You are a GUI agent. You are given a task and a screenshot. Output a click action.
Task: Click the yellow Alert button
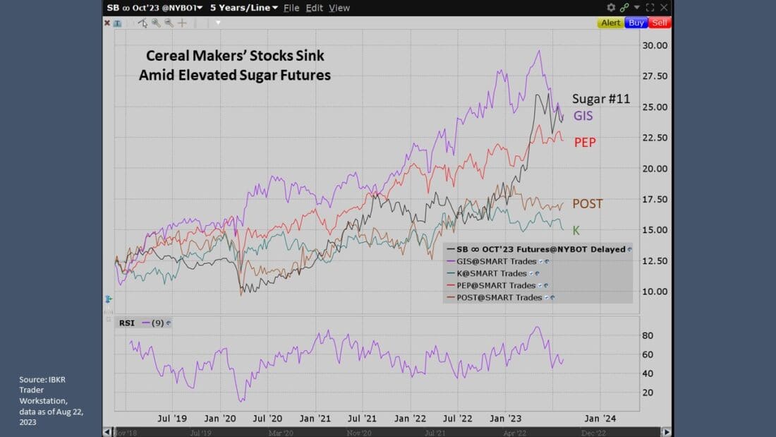[610, 23]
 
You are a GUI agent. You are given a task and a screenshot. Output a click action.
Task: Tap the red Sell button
[659, 23]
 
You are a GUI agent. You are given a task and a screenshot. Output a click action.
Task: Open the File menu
[291, 8]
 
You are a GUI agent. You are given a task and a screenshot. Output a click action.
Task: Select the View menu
[339, 8]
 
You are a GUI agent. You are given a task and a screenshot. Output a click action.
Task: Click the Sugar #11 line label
[600, 99]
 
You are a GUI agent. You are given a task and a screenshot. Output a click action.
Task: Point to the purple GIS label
[583, 116]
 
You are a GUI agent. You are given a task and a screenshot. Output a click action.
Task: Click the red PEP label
[585, 143]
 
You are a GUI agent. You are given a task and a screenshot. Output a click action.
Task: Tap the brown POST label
[587, 204]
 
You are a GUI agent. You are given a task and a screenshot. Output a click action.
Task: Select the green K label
[576, 230]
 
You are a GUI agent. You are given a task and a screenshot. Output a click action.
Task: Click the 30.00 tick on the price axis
[654, 45]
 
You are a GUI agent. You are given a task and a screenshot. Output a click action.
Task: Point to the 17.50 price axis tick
[654, 199]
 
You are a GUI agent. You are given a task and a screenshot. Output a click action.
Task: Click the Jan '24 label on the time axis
[602, 418]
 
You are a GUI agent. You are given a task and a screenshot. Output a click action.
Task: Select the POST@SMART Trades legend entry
[499, 297]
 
